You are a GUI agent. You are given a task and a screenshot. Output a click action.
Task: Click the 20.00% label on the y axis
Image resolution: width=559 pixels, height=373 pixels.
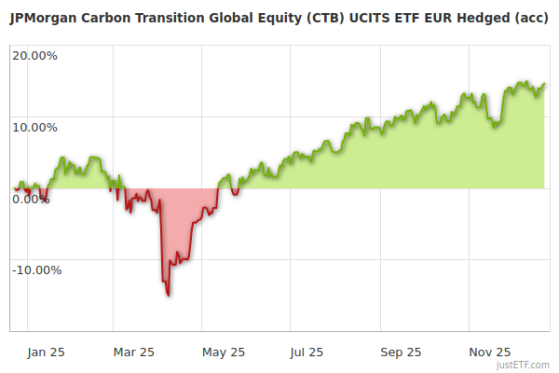pos(34,55)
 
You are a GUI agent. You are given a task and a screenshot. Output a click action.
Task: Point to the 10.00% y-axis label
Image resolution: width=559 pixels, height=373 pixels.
pos(34,127)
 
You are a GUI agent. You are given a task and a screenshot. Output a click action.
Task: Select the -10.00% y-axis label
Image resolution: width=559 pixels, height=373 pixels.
pos(36,270)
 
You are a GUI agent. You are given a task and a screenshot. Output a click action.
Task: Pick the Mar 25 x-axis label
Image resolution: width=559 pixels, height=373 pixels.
pos(133,352)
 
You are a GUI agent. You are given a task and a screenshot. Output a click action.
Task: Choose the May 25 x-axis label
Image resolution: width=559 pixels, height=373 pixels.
pos(224,352)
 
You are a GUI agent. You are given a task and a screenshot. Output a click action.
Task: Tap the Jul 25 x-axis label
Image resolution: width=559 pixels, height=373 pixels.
pos(307,352)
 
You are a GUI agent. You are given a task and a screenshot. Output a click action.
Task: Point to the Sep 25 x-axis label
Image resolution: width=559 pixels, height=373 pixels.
pos(402,352)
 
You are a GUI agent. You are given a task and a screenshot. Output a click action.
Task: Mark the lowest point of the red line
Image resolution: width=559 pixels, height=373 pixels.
pos(168,296)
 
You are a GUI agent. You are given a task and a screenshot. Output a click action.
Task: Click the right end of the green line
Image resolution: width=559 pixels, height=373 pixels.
pos(544,84)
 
